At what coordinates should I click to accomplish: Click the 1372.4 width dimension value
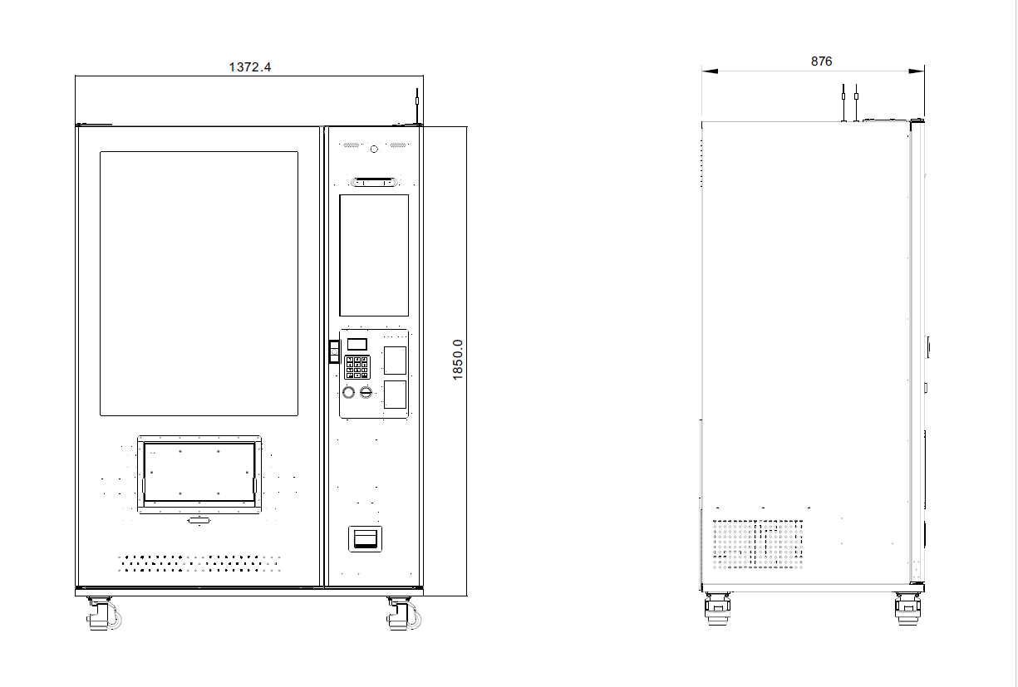click(249, 67)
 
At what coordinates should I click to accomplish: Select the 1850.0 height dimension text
click(458, 359)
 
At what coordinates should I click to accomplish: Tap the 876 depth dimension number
click(821, 61)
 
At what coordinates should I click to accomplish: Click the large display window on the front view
click(199, 283)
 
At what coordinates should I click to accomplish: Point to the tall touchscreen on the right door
click(374, 255)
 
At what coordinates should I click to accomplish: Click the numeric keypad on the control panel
click(357, 367)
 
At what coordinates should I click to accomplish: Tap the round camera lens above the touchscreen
click(374, 149)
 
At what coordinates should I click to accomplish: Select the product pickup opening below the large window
click(199, 474)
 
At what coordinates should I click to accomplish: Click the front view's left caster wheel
click(100, 615)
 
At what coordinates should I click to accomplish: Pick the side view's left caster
click(716, 610)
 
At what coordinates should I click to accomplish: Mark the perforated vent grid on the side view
click(757, 544)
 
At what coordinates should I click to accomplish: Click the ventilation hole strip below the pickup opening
click(199, 563)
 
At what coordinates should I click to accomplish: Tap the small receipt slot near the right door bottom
click(365, 539)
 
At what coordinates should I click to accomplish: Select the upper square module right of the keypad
click(395, 360)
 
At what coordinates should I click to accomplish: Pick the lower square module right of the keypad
click(395, 395)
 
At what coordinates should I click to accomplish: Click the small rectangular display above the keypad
click(357, 344)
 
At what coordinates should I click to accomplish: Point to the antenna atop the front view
click(416, 107)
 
